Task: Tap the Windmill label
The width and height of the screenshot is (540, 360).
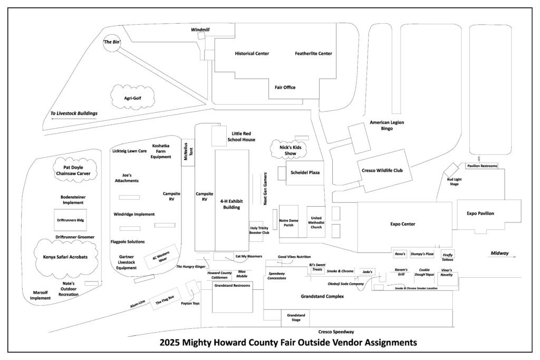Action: click(200, 30)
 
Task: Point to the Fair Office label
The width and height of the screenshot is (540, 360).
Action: click(285, 87)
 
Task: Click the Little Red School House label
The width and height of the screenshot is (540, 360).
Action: click(241, 137)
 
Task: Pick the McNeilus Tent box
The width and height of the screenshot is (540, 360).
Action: click(188, 152)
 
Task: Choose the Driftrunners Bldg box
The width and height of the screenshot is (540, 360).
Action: click(70, 220)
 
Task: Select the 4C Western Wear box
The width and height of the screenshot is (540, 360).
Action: click(162, 257)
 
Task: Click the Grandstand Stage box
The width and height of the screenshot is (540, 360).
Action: click(296, 318)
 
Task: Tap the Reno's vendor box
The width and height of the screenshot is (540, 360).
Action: click(400, 254)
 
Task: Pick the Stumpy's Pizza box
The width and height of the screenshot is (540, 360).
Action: click(422, 254)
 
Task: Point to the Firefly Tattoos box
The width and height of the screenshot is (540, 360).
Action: click(448, 255)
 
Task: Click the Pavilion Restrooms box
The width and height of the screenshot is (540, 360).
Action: click(482, 166)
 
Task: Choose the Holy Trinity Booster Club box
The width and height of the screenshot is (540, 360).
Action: click(256, 231)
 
